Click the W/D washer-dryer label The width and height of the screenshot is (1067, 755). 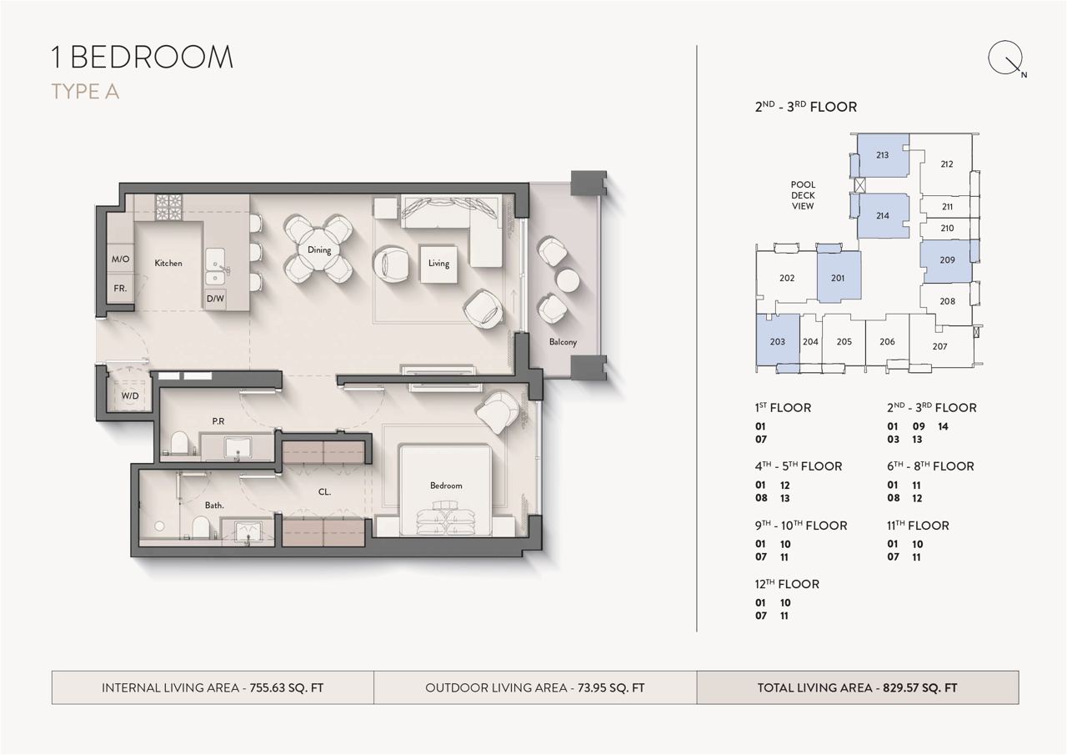pyautogui.click(x=130, y=395)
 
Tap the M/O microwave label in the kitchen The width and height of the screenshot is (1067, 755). pyautogui.click(x=120, y=259)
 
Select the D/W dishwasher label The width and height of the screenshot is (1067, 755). pyautogui.click(x=215, y=299)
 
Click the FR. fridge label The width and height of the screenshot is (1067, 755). pyautogui.click(x=120, y=289)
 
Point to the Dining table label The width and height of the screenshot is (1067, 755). pyautogui.click(x=319, y=249)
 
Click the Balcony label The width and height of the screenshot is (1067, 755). pyautogui.click(x=563, y=342)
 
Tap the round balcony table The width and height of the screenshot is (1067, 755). pyautogui.click(x=568, y=279)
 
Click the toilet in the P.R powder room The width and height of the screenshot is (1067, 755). pyautogui.click(x=178, y=442)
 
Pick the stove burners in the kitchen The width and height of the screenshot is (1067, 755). pyautogui.click(x=168, y=207)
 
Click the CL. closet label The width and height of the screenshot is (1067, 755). pyautogui.click(x=324, y=492)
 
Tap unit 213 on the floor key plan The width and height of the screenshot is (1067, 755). pyautogui.click(x=882, y=155)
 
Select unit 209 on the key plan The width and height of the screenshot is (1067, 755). pyautogui.click(x=947, y=260)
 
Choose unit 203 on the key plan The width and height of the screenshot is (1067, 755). pyautogui.click(x=778, y=342)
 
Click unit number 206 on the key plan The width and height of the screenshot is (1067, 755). pyautogui.click(x=887, y=341)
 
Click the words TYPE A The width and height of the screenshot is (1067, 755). pyautogui.click(x=85, y=92)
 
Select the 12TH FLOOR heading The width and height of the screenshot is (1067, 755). pyautogui.click(x=787, y=584)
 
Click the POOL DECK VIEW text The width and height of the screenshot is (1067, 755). pyautogui.click(x=803, y=195)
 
